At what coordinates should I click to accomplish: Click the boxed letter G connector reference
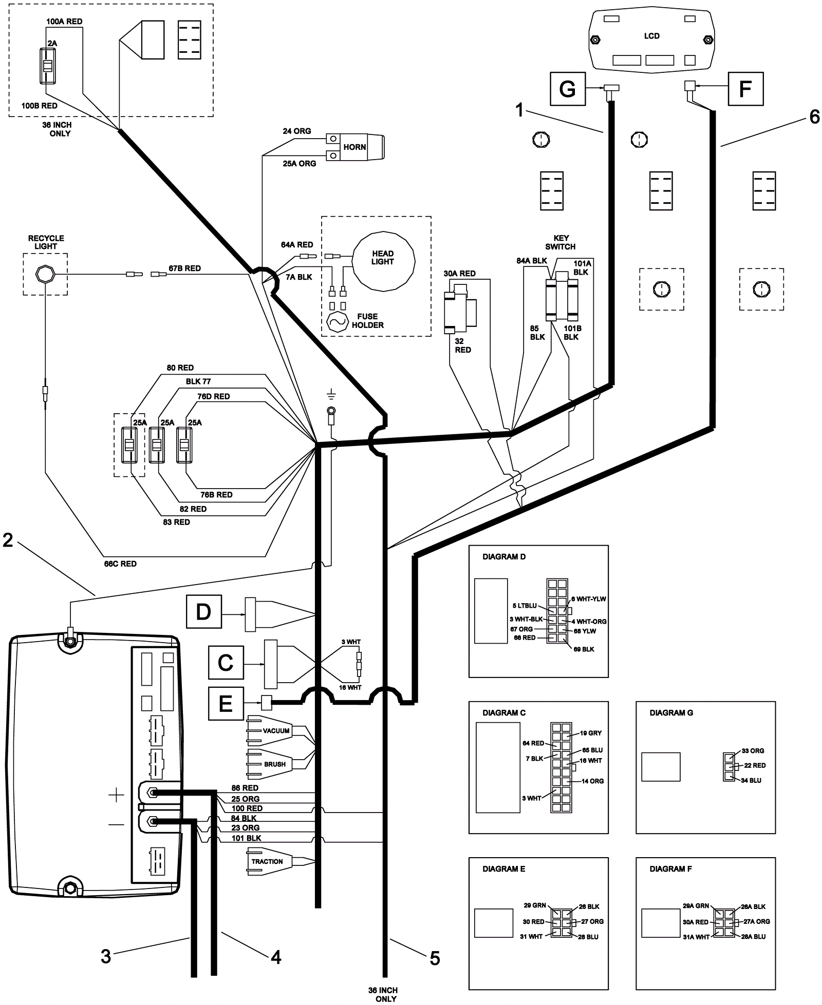[x=568, y=89]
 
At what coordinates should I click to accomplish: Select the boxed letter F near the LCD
[x=745, y=89]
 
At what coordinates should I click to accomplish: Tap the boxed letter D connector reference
[x=203, y=612]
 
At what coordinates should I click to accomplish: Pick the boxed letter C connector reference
[x=226, y=663]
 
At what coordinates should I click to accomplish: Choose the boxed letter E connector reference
[x=226, y=704]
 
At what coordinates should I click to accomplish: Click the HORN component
[x=355, y=147]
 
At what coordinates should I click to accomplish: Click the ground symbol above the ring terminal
[x=331, y=395]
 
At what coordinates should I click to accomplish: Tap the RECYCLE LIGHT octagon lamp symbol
[x=45, y=275]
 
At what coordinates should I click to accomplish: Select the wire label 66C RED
[x=120, y=564]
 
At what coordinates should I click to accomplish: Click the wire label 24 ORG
[x=297, y=131]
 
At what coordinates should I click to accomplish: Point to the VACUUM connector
[x=276, y=730]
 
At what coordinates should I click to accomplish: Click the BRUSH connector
[x=275, y=764]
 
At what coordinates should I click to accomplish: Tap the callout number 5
[x=435, y=958]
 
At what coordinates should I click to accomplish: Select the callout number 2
[x=8, y=539]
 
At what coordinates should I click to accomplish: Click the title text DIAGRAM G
[x=671, y=712]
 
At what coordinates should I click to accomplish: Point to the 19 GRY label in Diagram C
[x=591, y=733]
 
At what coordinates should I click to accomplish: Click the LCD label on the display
[x=652, y=36]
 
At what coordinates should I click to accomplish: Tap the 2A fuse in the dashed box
[x=47, y=66]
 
